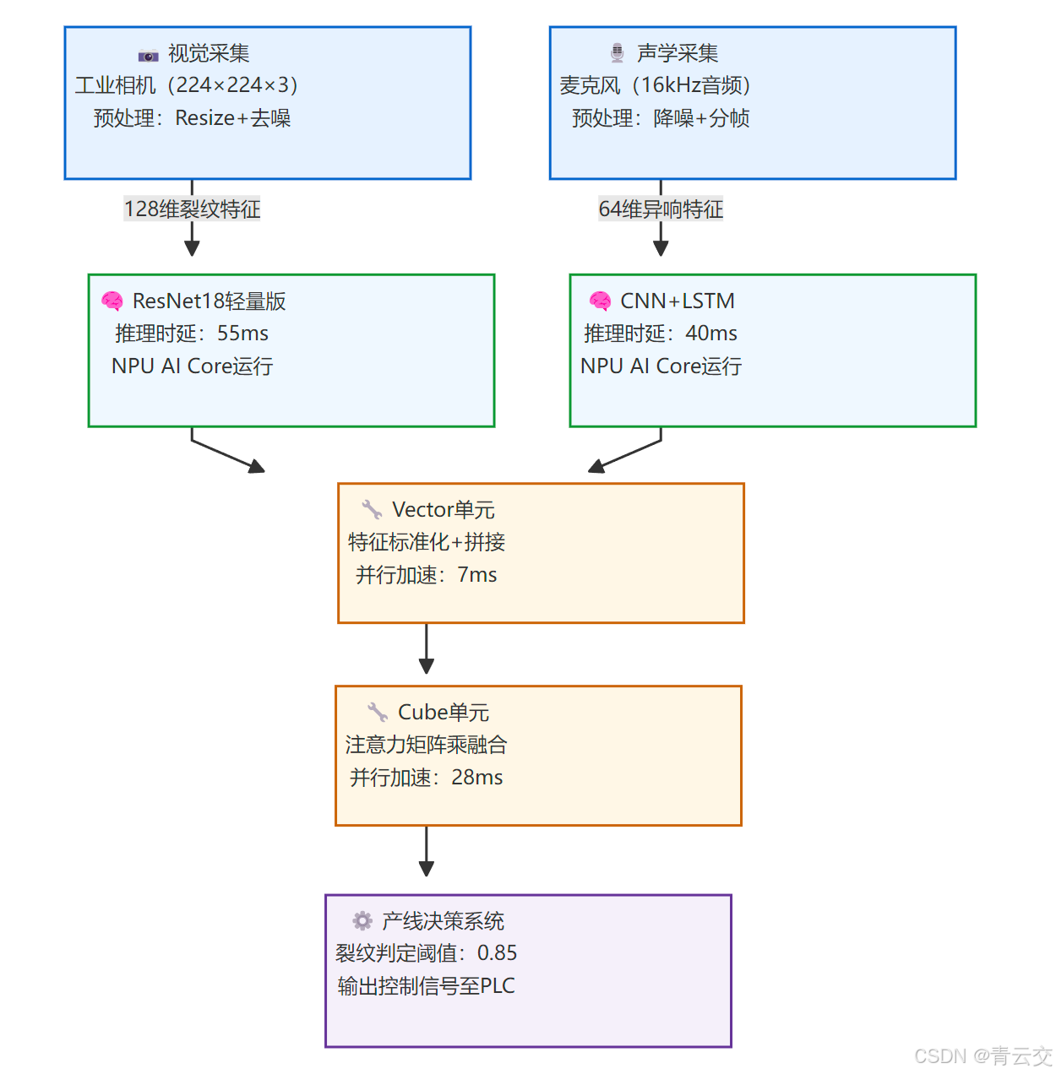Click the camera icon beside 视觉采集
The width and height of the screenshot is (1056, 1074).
148,56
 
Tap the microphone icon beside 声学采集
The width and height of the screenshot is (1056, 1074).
618,53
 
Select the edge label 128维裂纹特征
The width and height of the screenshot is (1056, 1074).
192,209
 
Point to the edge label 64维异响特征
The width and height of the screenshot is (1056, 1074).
661,209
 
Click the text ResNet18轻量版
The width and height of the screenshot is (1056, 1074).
209,301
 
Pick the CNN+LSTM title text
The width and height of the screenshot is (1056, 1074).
678,301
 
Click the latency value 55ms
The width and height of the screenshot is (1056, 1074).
242,334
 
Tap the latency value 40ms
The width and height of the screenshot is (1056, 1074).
711,334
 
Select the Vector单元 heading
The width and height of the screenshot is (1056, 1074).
444,510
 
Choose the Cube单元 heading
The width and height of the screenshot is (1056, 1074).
444,713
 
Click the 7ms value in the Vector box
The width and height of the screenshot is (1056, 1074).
477,575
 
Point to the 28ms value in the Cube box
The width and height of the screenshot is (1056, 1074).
477,778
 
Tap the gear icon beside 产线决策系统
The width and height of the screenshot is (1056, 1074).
362,920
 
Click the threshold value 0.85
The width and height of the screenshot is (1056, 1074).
497,953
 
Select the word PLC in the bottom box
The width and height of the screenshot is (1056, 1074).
498,986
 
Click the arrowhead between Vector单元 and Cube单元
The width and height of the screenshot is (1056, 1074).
427,665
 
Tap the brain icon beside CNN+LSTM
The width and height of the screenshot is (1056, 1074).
601,301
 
